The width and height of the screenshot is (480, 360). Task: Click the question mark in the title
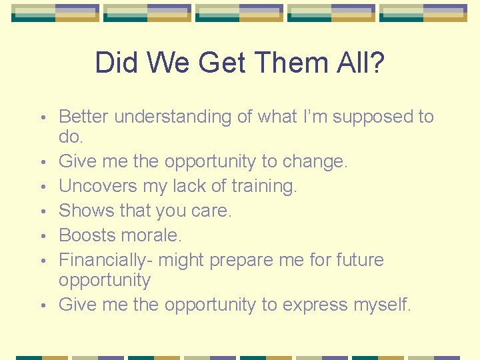tap(376, 63)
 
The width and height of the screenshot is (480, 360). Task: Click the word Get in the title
tap(223, 63)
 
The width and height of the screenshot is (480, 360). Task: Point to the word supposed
tap(361, 117)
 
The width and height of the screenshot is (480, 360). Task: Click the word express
tap(317, 305)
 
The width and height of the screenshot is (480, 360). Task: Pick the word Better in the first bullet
tap(84, 117)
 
